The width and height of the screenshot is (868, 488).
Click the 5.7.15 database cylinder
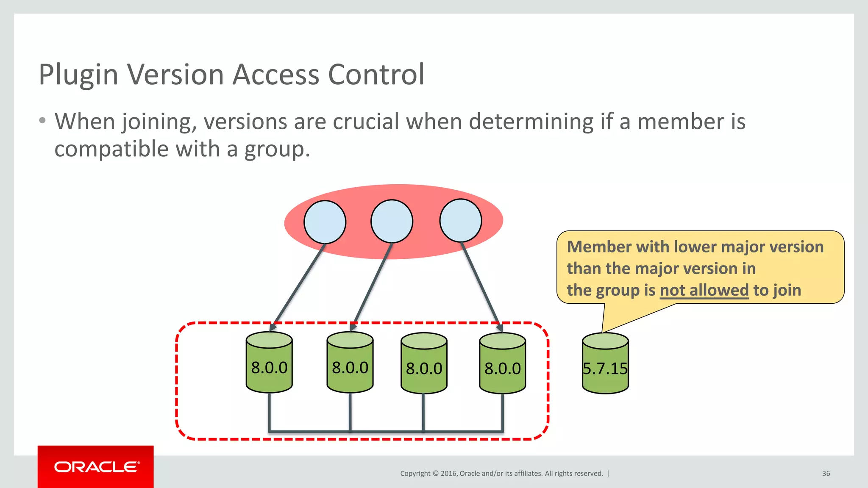(x=605, y=364)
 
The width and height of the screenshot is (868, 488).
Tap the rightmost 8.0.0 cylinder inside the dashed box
(x=503, y=364)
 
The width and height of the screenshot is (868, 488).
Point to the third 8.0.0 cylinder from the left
(x=424, y=364)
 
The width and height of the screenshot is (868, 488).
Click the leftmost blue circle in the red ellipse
(x=325, y=222)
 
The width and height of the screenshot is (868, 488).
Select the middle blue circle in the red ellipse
(x=392, y=222)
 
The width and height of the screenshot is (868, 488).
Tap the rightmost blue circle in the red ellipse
(x=461, y=221)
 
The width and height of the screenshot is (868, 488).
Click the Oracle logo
(x=96, y=467)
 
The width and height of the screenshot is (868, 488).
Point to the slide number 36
(x=826, y=474)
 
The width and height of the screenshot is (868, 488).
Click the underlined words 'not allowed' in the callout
(x=704, y=291)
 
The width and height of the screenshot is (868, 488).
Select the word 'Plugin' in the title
(x=78, y=75)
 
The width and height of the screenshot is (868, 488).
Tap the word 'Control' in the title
(x=376, y=75)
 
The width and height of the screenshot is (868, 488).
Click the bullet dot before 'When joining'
(x=42, y=121)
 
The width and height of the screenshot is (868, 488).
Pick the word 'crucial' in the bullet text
(x=366, y=122)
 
